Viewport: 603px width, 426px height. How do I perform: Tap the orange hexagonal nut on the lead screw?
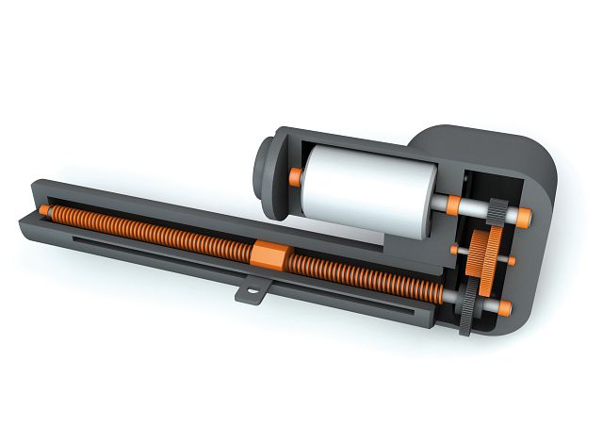click(269, 254)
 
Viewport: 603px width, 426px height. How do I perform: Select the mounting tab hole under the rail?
click(252, 294)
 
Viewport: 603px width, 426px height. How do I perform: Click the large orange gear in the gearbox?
click(486, 255)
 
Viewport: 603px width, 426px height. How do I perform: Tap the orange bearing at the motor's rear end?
click(296, 175)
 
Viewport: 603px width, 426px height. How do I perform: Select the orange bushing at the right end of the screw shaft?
click(506, 307)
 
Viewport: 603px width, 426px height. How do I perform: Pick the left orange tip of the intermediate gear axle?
click(457, 249)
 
